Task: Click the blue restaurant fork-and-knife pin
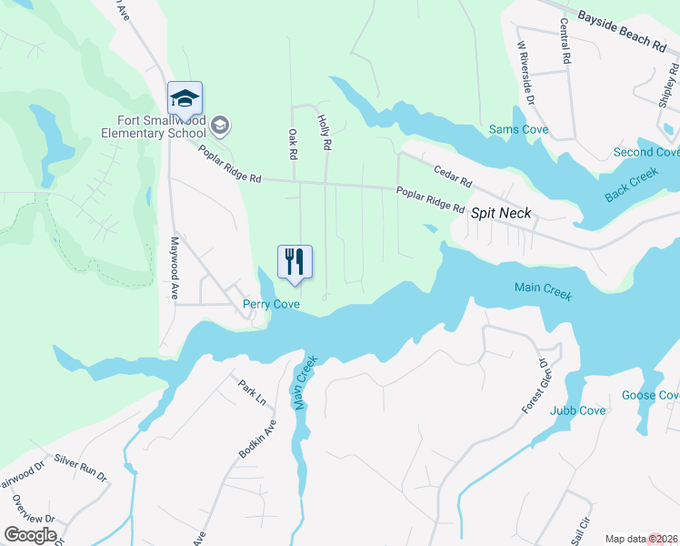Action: coord(295,262)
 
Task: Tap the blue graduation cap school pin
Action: coord(185,98)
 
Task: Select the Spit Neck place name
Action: coord(501,213)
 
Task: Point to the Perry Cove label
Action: coord(271,304)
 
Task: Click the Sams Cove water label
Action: coord(519,130)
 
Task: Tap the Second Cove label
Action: coord(645,152)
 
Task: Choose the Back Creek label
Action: coord(631,186)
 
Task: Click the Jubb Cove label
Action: coord(577,410)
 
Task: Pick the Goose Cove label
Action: coord(650,395)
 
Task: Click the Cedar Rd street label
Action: coord(453,169)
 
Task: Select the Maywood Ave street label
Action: coord(174,268)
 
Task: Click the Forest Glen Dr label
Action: coord(537,386)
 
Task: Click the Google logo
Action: coord(30,535)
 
